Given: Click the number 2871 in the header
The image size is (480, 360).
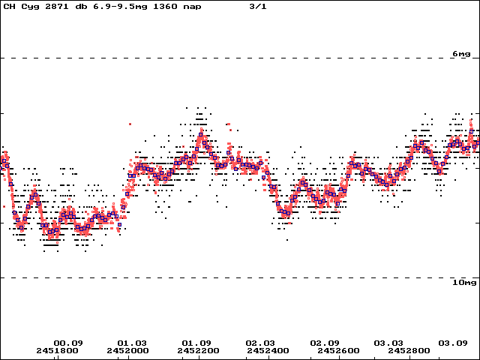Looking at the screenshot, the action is [x=57, y=6].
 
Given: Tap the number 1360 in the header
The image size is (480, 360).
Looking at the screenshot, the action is [x=165, y=6].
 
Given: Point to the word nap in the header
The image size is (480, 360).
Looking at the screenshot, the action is [x=192, y=7].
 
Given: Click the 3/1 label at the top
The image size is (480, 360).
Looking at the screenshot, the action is [x=258, y=6].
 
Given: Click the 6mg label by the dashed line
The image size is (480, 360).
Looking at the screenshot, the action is [x=461, y=54].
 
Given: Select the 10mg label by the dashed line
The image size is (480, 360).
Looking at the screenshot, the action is [x=464, y=283].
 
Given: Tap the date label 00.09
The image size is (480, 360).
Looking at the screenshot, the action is [x=68, y=343].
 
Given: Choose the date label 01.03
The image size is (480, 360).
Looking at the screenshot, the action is [x=132, y=343].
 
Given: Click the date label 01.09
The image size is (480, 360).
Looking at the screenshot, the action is [x=196, y=343].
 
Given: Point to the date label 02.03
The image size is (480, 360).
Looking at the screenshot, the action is [x=260, y=343].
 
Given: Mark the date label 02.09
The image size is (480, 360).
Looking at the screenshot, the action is [x=325, y=343].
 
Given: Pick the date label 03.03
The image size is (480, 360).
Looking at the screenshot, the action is [x=388, y=343].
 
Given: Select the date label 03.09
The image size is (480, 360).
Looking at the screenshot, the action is [x=453, y=343].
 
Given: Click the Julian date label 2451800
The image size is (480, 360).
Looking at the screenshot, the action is [x=57, y=350].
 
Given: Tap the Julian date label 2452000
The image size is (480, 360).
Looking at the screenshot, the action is [x=127, y=350].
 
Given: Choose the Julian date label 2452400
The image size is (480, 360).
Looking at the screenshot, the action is [x=268, y=350].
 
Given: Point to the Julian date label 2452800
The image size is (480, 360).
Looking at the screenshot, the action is [x=409, y=350].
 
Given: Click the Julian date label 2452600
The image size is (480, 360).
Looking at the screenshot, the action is [x=338, y=350].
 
